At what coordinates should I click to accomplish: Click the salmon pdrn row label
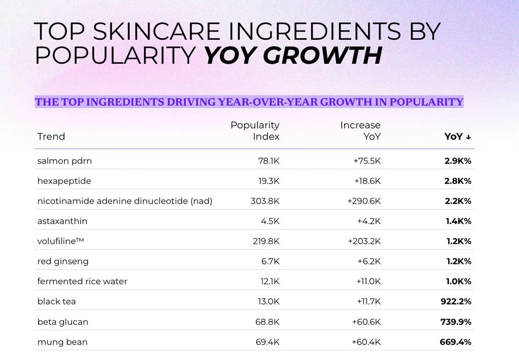coord(64,161)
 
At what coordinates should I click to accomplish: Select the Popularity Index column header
coord(255,131)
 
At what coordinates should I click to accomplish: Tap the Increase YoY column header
coord(360,131)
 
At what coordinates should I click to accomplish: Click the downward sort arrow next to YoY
coord(468,137)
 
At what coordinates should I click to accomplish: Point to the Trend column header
coord(51,136)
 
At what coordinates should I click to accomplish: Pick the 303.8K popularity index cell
coord(265,201)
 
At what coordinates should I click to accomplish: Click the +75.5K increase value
coord(367,161)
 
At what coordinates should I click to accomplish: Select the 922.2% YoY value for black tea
coord(456,302)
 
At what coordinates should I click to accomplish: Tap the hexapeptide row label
coord(64,181)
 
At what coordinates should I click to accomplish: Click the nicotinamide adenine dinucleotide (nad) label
coord(124,201)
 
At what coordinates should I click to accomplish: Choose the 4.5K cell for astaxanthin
coord(270,221)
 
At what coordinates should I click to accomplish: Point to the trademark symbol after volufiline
coord(80,239)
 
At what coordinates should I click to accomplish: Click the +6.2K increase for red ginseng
coord(369,261)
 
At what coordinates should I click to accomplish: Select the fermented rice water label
coord(82,281)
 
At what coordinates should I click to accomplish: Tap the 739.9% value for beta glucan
coord(456,322)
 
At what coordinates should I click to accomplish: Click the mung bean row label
coord(62,342)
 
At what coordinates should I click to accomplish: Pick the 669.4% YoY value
coord(455,342)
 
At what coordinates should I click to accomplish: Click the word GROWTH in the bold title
coord(322,55)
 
